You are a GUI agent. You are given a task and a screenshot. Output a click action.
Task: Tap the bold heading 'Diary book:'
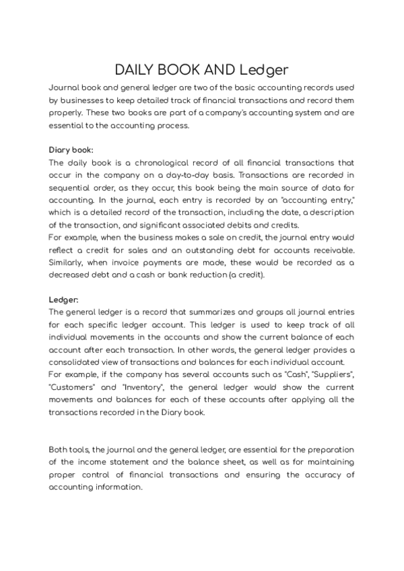coord(71,149)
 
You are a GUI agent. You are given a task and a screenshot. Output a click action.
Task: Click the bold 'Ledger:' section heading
coord(63,300)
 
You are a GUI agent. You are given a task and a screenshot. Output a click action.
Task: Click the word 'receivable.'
coord(332,250)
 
